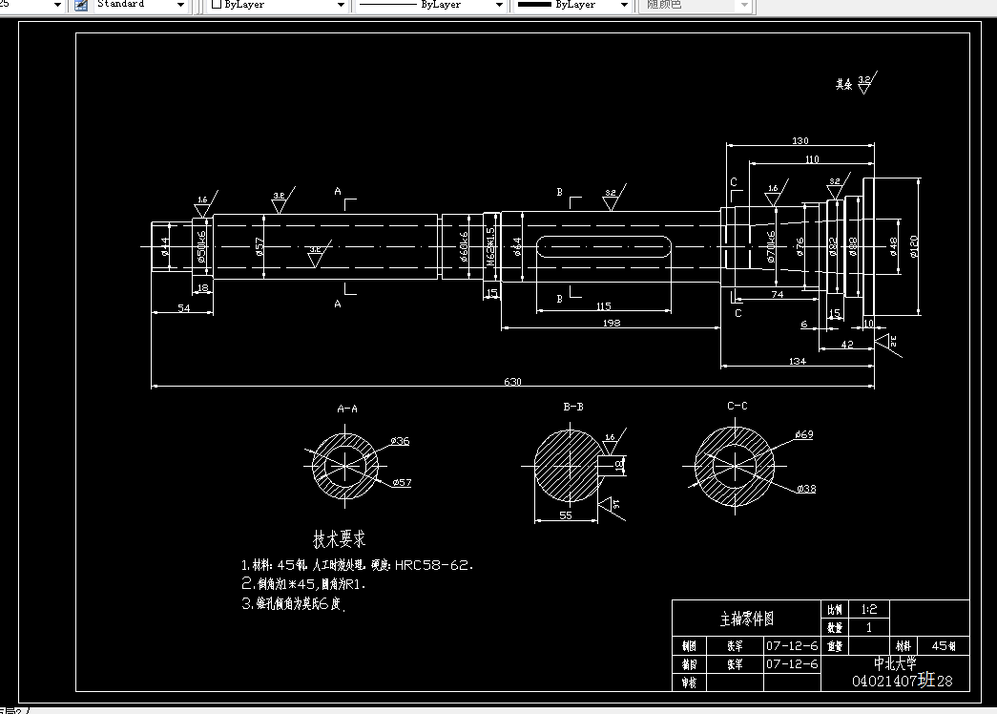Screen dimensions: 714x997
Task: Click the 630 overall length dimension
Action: point(513,382)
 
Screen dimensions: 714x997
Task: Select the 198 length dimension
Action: point(613,323)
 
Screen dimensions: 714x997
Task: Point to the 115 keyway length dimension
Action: point(603,306)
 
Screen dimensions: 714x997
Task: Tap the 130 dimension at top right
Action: point(800,141)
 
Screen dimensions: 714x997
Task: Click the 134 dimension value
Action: point(798,360)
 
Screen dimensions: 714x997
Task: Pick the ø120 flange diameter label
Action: point(913,246)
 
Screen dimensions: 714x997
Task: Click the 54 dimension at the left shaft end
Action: point(184,309)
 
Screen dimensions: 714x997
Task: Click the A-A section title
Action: point(348,409)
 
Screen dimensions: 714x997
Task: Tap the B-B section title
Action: point(573,408)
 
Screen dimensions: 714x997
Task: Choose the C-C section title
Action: point(737,407)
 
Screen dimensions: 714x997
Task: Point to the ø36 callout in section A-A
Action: point(400,441)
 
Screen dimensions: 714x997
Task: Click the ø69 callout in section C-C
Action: point(803,435)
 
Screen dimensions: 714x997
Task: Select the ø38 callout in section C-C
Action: point(806,489)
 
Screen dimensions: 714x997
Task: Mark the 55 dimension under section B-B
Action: point(565,514)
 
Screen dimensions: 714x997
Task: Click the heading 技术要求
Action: point(340,539)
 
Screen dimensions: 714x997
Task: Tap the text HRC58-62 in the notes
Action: point(434,565)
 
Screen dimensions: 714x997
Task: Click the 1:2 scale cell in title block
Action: point(868,609)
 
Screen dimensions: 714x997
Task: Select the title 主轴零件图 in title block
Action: point(746,619)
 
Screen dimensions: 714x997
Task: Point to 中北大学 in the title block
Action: point(895,663)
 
